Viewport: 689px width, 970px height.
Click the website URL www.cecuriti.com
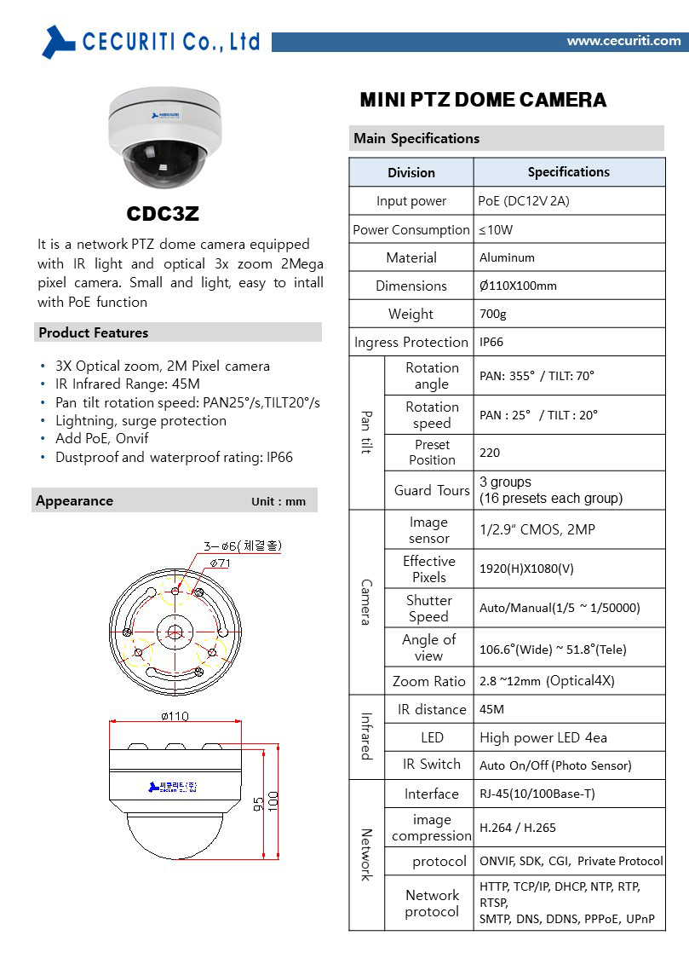pyautogui.click(x=623, y=40)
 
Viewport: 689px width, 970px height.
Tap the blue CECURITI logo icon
pyautogui.click(x=58, y=41)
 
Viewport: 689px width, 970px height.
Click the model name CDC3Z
pyautogui.click(x=163, y=213)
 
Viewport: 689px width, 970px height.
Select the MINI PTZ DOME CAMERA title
pyautogui.click(x=483, y=101)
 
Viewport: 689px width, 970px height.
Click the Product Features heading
pyautogui.click(x=94, y=332)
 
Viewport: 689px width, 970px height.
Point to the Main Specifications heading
pyautogui.click(x=416, y=138)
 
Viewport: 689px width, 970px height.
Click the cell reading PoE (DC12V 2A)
pyautogui.click(x=524, y=201)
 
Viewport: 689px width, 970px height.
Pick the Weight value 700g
pyautogui.click(x=492, y=314)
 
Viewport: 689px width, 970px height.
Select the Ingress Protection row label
pyautogui.click(x=411, y=342)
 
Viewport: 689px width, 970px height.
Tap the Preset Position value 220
pyautogui.click(x=490, y=453)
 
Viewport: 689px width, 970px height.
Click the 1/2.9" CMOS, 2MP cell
pyautogui.click(x=537, y=529)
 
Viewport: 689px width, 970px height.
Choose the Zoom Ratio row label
pyautogui.click(x=429, y=681)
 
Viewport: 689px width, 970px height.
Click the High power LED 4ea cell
pyautogui.click(x=543, y=737)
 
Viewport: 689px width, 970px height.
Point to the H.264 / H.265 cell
pyautogui.click(x=518, y=827)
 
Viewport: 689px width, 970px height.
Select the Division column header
pyautogui.click(x=411, y=172)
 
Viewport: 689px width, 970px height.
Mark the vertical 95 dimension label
pyautogui.click(x=258, y=804)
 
